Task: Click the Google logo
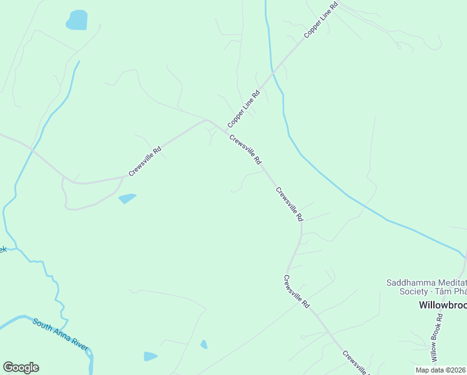click(21, 367)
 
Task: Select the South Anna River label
click(61, 334)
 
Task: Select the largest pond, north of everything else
click(77, 20)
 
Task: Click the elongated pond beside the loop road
click(127, 199)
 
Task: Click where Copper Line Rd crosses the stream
click(273, 74)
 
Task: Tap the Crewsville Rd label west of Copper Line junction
click(145, 161)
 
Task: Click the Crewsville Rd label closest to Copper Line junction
click(245, 150)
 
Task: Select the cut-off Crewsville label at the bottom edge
click(356, 362)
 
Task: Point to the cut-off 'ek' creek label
click(2, 249)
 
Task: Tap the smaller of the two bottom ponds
click(204, 344)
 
